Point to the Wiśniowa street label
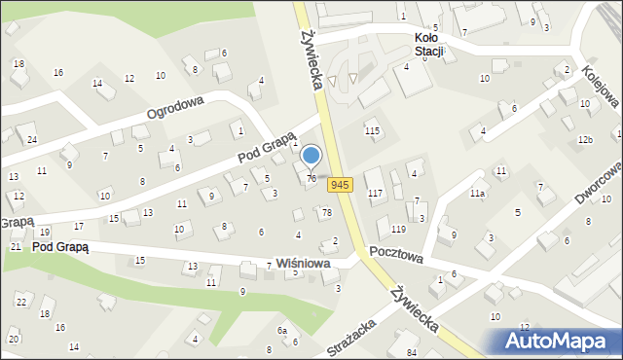click(302, 264)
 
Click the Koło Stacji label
click(423, 44)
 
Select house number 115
click(371, 130)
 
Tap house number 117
click(375, 194)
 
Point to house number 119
click(397, 229)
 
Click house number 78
click(327, 212)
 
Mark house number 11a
click(477, 194)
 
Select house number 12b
click(584, 141)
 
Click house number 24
click(32, 140)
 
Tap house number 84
click(412, 351)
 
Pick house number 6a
click(282, 331)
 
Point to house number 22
click(21, 302)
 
